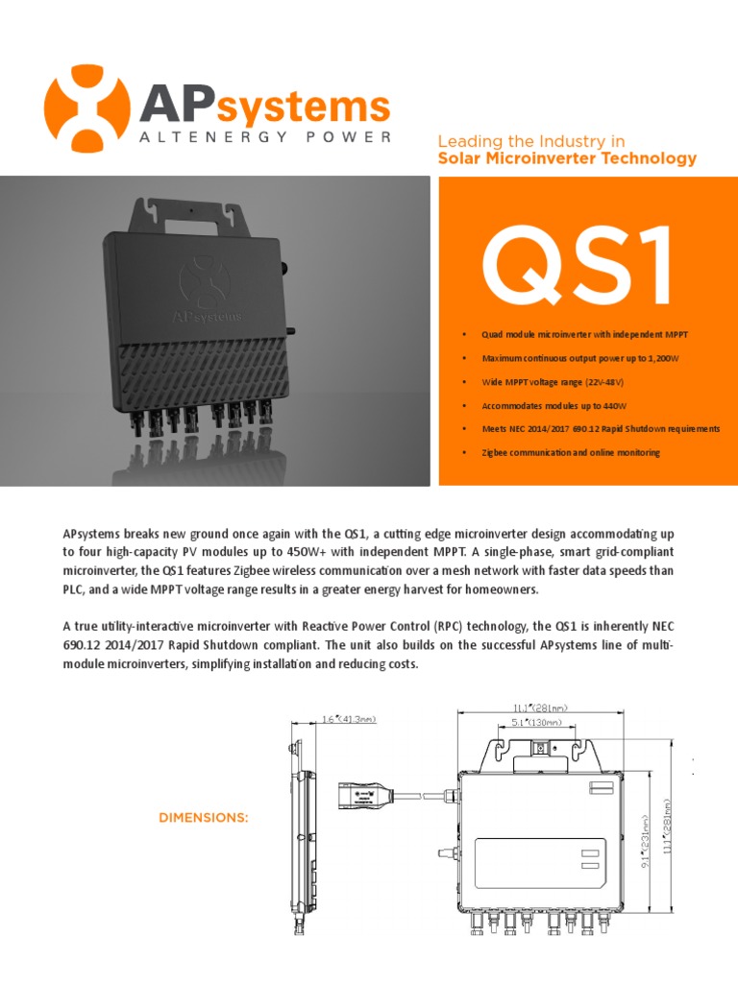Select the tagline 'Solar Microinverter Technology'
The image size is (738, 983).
pyautogui.click(x=567, y=158)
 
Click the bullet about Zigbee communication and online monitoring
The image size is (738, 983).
pyautogui.click(x=571, y=452)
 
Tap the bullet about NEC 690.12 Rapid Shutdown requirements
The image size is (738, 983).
pyautogui.click(x=601, y=429)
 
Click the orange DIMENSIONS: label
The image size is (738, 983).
pyautogui.click(x=203, y=818)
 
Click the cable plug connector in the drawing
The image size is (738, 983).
pyautogui.click(x=364, y=796)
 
